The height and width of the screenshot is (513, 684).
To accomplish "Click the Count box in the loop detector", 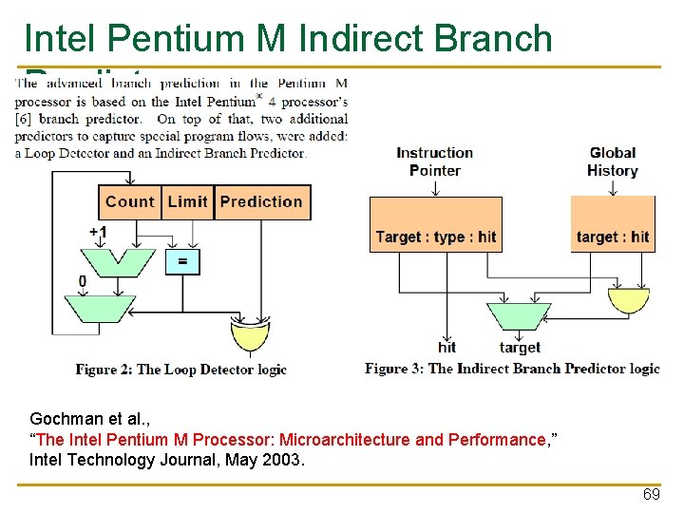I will (129, 201).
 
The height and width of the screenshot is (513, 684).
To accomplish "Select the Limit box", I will (187, 201).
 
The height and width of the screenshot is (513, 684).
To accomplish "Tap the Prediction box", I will (261, 201).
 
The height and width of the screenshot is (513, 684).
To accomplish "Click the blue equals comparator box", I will (182, 260).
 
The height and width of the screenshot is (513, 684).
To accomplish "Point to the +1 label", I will (98, 233).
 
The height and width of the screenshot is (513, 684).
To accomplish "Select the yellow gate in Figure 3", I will (628, 299).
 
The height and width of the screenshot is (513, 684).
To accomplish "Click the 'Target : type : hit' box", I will (435, 237).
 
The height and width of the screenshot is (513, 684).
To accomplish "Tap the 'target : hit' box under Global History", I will (613, 237).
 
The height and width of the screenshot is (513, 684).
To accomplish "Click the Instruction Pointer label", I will (434, 161).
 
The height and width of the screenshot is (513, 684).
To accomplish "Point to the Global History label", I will (613, 161).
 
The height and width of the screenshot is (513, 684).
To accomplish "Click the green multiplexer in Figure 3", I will (518, 315).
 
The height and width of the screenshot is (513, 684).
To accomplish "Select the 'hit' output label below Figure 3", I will (446, 347).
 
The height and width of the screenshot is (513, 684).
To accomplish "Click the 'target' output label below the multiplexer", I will (520, 348).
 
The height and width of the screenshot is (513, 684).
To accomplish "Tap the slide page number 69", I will (651, 495).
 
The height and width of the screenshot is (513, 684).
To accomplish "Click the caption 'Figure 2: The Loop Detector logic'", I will (180, 369).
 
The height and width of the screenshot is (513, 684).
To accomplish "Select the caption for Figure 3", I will (512, 369).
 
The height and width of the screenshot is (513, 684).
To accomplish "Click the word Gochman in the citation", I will (61, 419).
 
